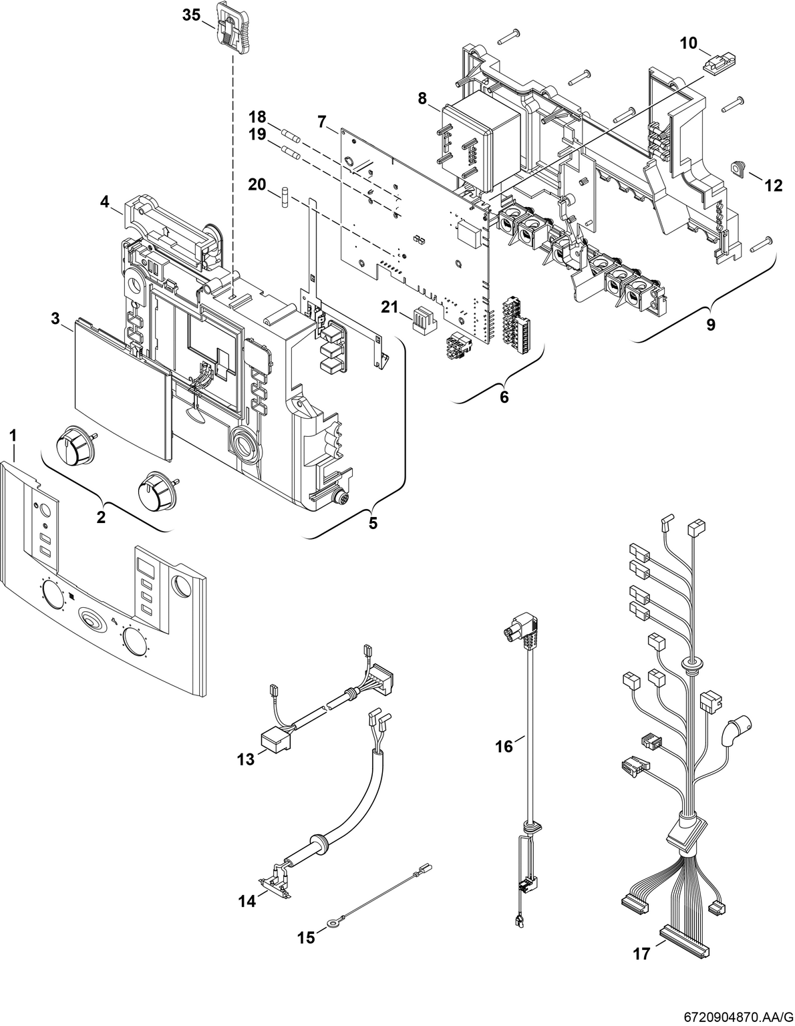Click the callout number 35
tap(191, 15)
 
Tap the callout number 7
tap(322, 122)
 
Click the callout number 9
tap(710, 325)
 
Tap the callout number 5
tap(372, 522)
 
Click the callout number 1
tap(13, 436)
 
